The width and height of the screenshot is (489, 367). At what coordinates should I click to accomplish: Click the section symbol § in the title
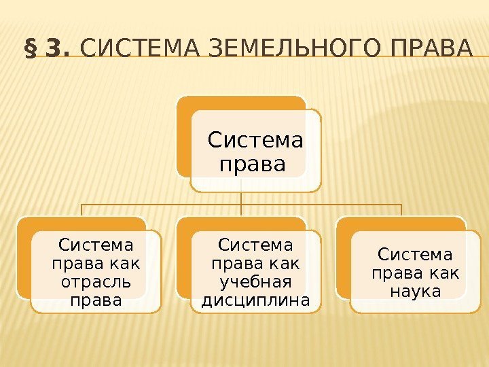point(30,50)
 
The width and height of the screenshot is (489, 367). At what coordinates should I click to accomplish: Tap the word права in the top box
point(244,164)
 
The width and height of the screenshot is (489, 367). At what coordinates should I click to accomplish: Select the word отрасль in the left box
point(96,281)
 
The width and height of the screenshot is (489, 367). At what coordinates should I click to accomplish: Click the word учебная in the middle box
point(256,281)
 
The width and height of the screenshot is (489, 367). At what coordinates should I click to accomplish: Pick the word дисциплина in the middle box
point(256,300)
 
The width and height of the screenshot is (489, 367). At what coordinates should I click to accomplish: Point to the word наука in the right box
point(416,292)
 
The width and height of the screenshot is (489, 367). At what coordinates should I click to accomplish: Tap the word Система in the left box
point(96,244)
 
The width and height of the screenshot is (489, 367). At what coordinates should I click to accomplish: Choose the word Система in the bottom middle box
point(256,244)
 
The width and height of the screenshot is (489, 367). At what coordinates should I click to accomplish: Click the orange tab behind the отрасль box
point(23,258)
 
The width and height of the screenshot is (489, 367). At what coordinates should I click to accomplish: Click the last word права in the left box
point(96,300)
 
